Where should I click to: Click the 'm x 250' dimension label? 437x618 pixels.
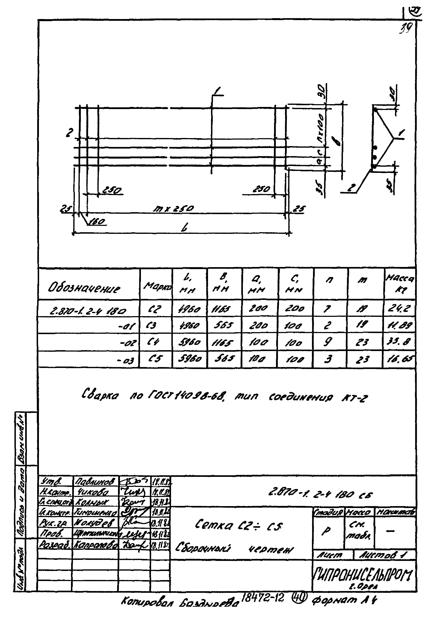coord(173,209)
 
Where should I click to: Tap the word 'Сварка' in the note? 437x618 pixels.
coord(100,395)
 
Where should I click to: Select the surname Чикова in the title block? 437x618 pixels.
coord(93,492)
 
